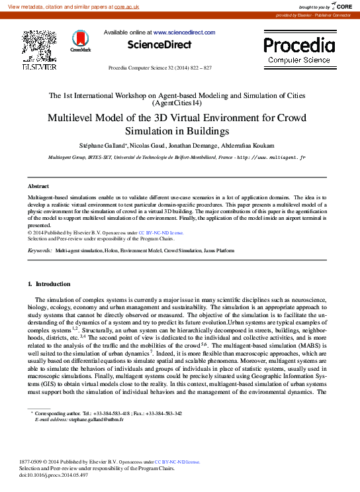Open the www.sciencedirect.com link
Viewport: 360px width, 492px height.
coord(184,32)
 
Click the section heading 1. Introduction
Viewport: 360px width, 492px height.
coord(44,283)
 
